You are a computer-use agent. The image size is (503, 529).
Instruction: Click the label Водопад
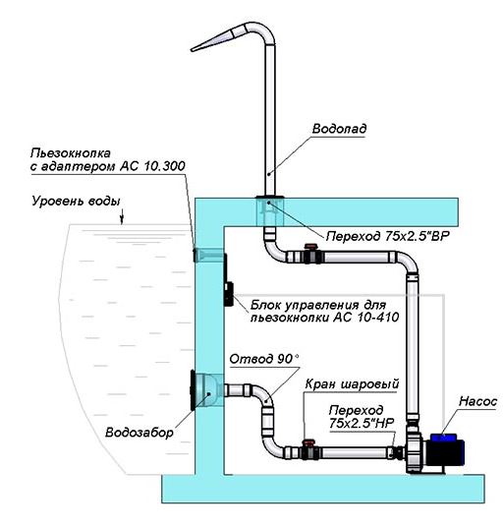(x=339, y=129)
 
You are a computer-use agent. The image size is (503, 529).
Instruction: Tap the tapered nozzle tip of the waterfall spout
(x=192, y=49)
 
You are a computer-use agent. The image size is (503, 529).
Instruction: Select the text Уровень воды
(x=76, y=202)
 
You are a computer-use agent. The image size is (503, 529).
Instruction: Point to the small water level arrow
(x=122, y=216)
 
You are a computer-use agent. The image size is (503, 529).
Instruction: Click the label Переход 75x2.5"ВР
(x=388, y=236)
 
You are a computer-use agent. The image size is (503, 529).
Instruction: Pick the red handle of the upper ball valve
(x=309, y=247)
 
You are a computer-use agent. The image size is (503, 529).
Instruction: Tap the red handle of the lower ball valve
(x=308, y=441)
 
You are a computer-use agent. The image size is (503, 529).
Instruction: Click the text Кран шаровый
(x=352, y=384)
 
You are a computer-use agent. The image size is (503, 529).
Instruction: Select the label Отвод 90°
(x=264, y=359)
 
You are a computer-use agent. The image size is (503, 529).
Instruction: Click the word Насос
(x=478, y=401)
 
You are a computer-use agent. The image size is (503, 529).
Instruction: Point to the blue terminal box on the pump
(x=444, y=438)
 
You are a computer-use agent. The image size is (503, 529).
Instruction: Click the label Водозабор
(x=140, y=433)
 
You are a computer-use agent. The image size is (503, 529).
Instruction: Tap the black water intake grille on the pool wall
(x=193, y=390)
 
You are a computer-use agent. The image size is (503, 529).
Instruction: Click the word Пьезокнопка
(x=71, y=153)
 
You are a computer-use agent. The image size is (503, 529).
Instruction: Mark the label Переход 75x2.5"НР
(x=362, y=417)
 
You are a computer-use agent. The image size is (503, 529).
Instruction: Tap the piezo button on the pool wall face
(x=195, y=255)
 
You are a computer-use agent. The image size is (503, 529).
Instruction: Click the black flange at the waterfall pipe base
(x=270, y=197)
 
